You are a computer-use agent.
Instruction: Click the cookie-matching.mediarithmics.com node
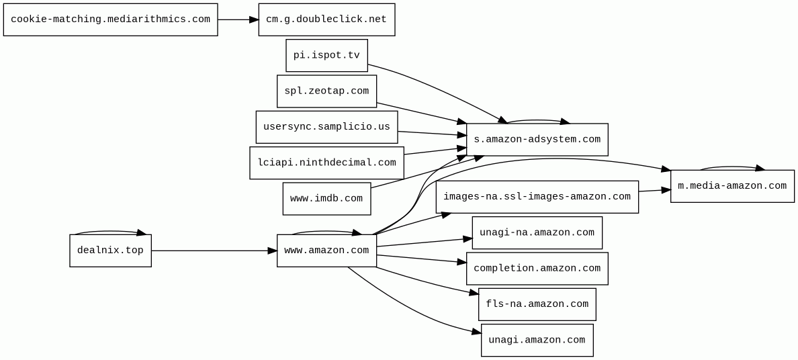pyautogui.click(x=110, y=20)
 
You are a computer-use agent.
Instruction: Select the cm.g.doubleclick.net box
pyautogui.click(x=326, y=20)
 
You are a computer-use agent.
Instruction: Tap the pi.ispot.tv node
pyautogui.click(x=326, y=56)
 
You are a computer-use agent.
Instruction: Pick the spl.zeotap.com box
pyautogui.click(x=326, y=91)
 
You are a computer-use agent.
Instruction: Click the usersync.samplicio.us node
pyautogui.click(x=326, y=128)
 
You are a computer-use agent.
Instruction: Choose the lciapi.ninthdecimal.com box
pyautogui.click(x=326, y=163)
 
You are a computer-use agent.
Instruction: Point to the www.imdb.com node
pyautogui.click(x=326, y=199)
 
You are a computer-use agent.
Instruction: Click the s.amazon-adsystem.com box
pyautogui.click(x=537, y=140)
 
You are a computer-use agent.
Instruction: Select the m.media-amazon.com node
pyautogui.click(x=732, y=186)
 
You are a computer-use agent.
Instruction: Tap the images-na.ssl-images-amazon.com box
pyautogui.click(x=537, y=197)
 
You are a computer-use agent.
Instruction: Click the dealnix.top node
pyautogui.click(x=110, y=251)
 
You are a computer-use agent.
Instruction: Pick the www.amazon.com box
pyautogui.click(x=326, y=251)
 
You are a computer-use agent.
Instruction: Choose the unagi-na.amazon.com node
pyautogui.click(x=537, y=232)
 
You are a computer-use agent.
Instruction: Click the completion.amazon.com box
pyautogui.click(x=537, y=269)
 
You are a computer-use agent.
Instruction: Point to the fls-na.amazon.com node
pyautogui.click(x=537, y=304)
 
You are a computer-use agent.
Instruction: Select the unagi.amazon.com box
pyautogui.click(x=537, y=340)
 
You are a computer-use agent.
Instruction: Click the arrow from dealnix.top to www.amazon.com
pyautogui.click(x=214, y=251)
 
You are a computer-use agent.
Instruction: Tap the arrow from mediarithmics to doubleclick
pyautogui.click(x=238, y=20)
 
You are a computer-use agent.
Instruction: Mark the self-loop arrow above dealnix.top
pyautogui.click(x=110, y=231)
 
